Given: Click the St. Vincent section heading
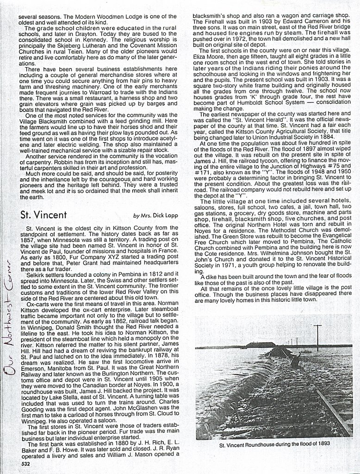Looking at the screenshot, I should coord(44,215).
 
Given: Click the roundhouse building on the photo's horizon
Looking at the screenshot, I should coord(259,345).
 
